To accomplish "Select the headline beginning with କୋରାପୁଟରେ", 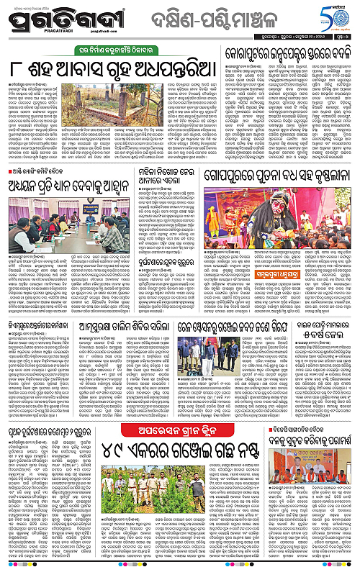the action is pos(289,53).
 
